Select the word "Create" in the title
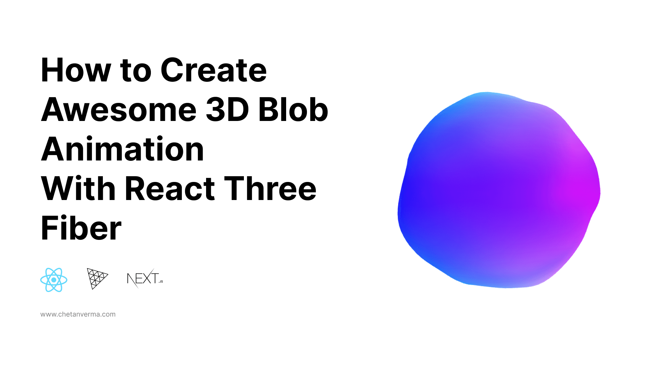pos(214,71)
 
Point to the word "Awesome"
pos(119,110)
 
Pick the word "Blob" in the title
pos(293,110)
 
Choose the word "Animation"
pos(122,150)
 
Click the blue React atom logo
pos(54,280)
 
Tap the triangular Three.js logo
pos(96,278)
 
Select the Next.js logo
pos(145,278)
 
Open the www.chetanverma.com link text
pos(78,314)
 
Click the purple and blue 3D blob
pos(499,190)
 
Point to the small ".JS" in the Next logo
pos(160,281)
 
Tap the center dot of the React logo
pos(54,280)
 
